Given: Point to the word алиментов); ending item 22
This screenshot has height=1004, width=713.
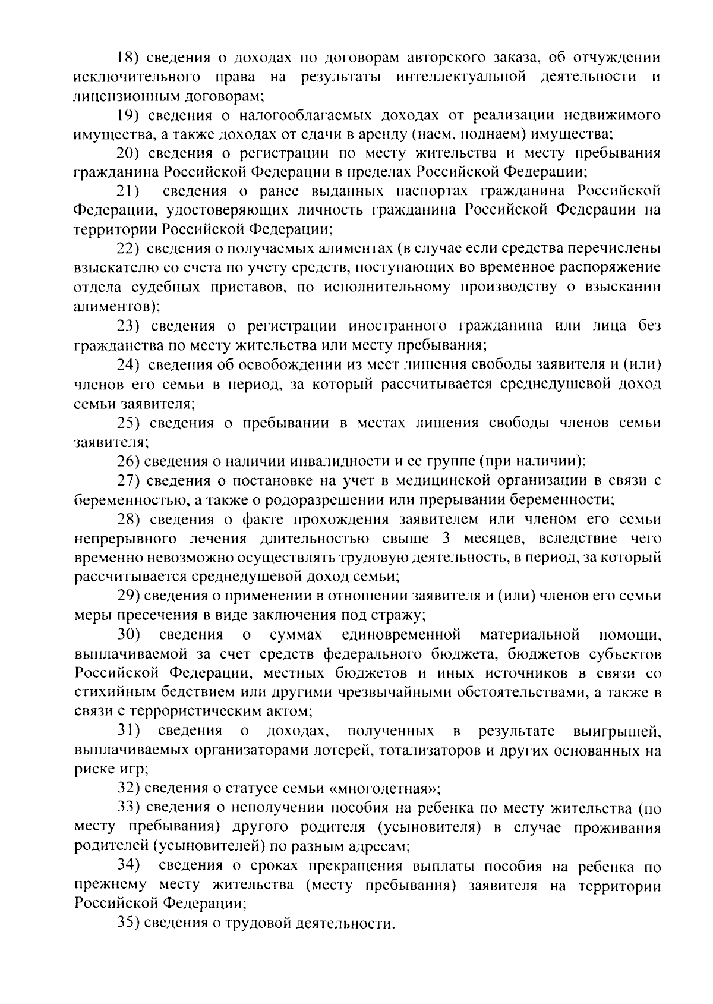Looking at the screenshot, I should coord(116,306).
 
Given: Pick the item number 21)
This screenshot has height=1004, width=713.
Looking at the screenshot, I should coord(127,191).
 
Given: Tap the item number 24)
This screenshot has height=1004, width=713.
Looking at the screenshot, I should coord(127,364).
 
